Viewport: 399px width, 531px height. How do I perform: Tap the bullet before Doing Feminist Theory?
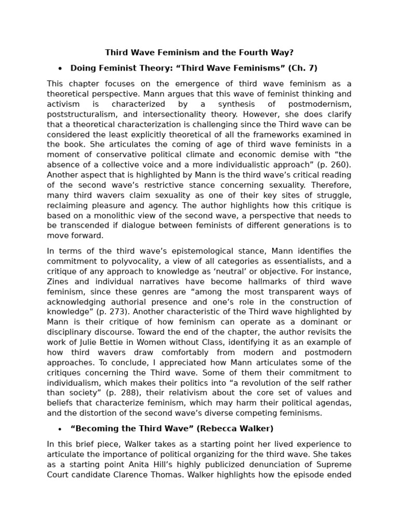tap(60, 68)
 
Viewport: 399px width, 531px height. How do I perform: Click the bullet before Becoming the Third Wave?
tap(60, 429)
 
